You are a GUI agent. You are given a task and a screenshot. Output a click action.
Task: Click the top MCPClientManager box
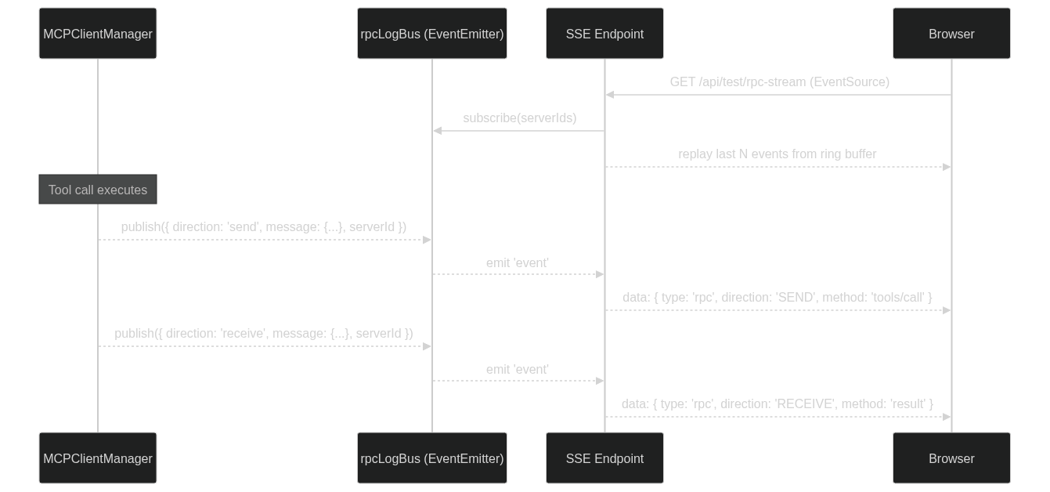tap(98, 34)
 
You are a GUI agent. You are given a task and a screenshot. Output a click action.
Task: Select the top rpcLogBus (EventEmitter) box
tap(431, 34)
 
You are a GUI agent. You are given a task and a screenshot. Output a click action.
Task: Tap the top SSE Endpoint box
tap(604, 34)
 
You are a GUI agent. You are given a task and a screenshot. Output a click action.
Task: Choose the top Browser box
tap(951, 34)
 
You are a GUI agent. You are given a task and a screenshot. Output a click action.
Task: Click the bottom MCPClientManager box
tap(98, 458)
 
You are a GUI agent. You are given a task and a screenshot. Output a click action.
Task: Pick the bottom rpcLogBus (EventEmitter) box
tap(431, 458)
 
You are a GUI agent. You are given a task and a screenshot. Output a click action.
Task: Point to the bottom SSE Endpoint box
tap(604, 458)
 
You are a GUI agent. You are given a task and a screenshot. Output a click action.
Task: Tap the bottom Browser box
tap(951, 458)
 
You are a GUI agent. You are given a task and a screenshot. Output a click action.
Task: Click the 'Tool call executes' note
tap(98, 190)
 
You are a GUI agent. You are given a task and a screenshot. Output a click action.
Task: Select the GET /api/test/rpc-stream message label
tap(779, 82)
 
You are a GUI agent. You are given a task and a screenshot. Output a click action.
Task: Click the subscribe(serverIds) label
tap(519, 118)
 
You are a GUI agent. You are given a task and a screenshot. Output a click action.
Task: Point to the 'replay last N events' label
tap(777, 154)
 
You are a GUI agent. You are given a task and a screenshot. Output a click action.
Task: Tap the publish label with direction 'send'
tap(263, 227)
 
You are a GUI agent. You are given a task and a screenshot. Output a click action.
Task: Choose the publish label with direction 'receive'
tap(263, 334)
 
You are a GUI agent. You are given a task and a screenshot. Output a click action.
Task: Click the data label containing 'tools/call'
tap(777, 298)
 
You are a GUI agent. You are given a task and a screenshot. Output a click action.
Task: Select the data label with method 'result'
tap(777, 403)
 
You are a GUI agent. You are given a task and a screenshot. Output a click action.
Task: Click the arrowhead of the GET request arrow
tap(610, 95)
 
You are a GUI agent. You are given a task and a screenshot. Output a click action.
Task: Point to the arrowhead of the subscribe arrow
tap(438, 131)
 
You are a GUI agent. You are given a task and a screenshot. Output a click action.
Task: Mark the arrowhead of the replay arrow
tap(947, 167)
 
